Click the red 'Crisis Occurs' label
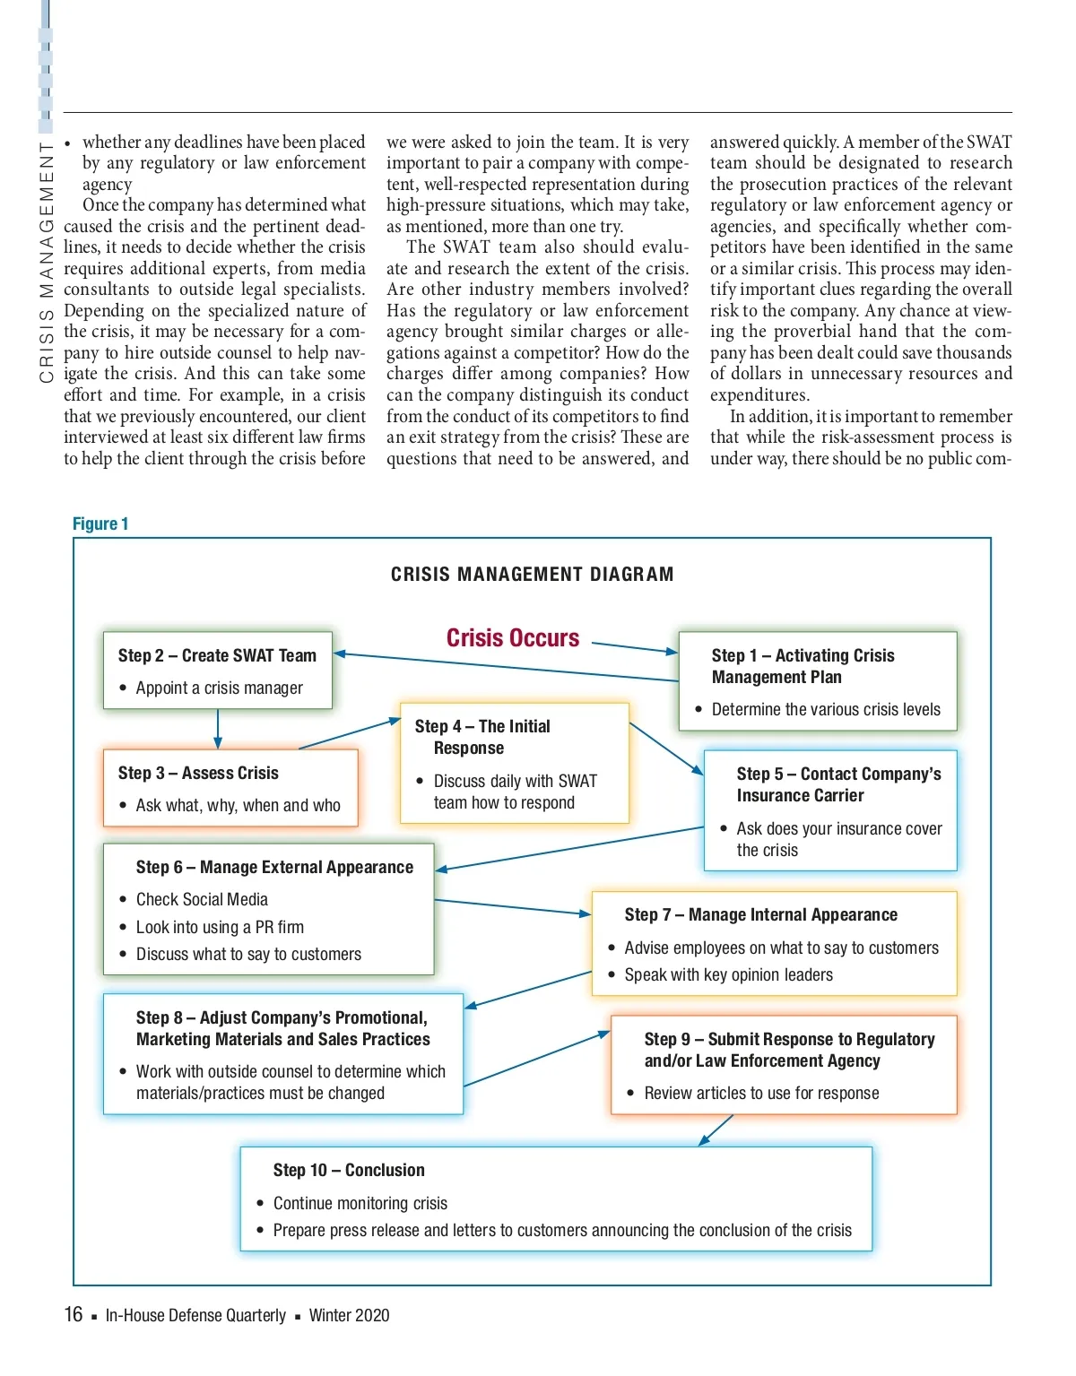point(513,638)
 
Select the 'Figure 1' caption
point(100,524)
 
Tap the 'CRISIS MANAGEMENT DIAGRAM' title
point(532,575)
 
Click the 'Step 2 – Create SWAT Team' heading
point(217,655)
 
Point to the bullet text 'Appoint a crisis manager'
point(219,688)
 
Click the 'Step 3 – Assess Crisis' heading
point(198,773)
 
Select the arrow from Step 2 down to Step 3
point(218,729)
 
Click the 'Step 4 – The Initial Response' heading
point(482,737)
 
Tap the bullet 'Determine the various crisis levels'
point(826,709)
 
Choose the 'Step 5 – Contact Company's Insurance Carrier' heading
point(838,784)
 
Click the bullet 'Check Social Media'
point(202,899)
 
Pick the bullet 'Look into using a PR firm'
point(220,927)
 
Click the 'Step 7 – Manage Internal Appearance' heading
point(760,914)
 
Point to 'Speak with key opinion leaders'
point(728,974)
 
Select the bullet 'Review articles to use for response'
point(761,1093)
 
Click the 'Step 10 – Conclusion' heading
point(349,1170)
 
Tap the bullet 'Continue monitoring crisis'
point(360,1203)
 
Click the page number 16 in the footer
point(74,1314)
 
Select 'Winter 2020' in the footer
point(349,1315)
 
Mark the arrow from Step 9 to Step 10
point(716,1129)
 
